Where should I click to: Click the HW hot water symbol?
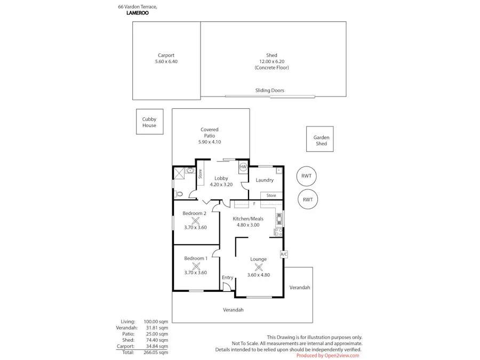[x=243, y=167]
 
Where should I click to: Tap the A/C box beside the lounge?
[x=284, y=254]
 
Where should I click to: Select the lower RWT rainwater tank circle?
[x=308, y=199]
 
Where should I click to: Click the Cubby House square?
[x=149, y=122]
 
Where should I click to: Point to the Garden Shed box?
[x=321, y=140]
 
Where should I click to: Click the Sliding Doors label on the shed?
[x=269, y=91]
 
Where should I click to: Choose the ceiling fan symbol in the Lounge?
[x=259, y=268]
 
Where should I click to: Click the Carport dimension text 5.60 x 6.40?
[x=166, y=62]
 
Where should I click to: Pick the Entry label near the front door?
[x=228, y=277]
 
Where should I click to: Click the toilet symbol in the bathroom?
[x=179, y=194]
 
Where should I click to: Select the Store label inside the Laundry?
[x=271, y=196]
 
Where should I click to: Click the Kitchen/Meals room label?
[x=248, y=219]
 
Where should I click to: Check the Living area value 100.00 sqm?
[x=156, y=322]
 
